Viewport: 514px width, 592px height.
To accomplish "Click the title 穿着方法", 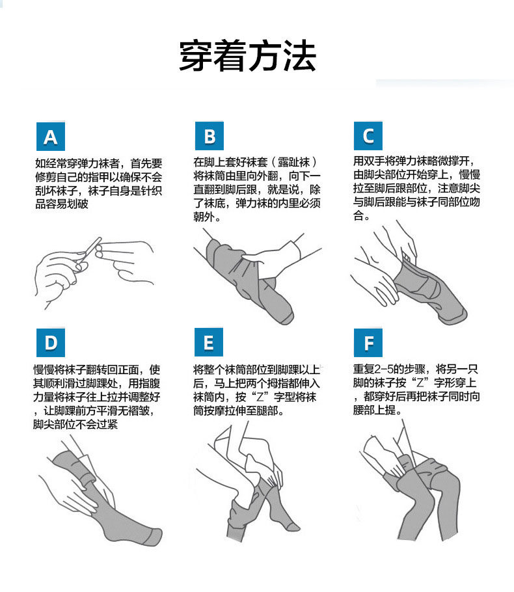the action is (x=247, y=55).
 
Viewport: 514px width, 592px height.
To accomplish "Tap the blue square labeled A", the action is (x=51, y=137).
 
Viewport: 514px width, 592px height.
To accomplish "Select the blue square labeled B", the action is (x=210, y=136).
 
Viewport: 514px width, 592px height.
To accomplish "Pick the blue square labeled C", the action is (x=368, y=136).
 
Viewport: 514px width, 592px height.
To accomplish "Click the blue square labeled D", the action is (x=51, y=342).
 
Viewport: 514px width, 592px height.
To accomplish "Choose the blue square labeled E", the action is (x=209, y=342).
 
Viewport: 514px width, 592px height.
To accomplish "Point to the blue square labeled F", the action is (x=368, y=342).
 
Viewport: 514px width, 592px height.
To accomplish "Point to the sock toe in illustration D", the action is (x=154, y=537).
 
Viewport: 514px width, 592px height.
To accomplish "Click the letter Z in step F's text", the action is (x=420, y=383).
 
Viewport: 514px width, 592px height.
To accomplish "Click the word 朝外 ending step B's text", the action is (x=204, y=217).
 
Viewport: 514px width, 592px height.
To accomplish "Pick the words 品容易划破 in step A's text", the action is (x=62, y=204).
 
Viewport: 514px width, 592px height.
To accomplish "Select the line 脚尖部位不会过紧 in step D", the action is (x=75, y=424).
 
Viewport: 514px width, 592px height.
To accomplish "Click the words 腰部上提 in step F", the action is (x=374, y=410).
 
